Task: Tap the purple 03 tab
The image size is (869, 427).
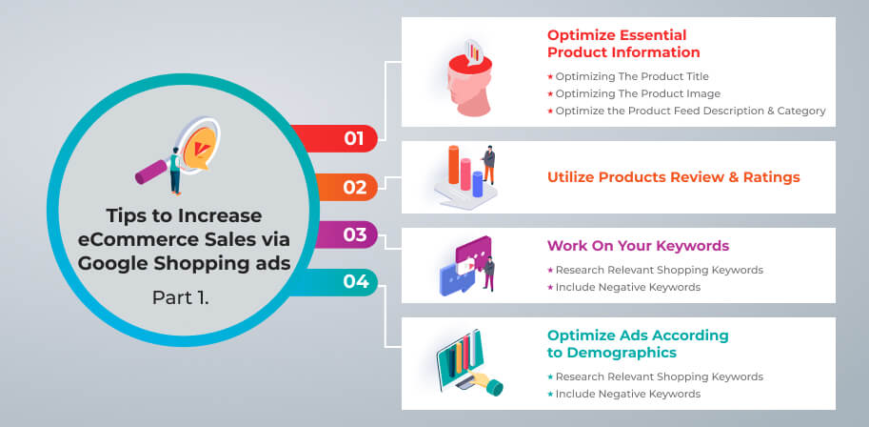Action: click(346, 234)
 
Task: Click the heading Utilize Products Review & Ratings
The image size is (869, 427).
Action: click(673, 177)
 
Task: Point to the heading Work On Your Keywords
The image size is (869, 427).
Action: click(638, 245)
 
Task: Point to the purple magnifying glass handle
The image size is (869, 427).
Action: click(151, 173)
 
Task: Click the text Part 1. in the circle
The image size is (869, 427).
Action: click(181, 297)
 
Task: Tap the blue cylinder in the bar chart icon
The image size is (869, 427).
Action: click(477, 184)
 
